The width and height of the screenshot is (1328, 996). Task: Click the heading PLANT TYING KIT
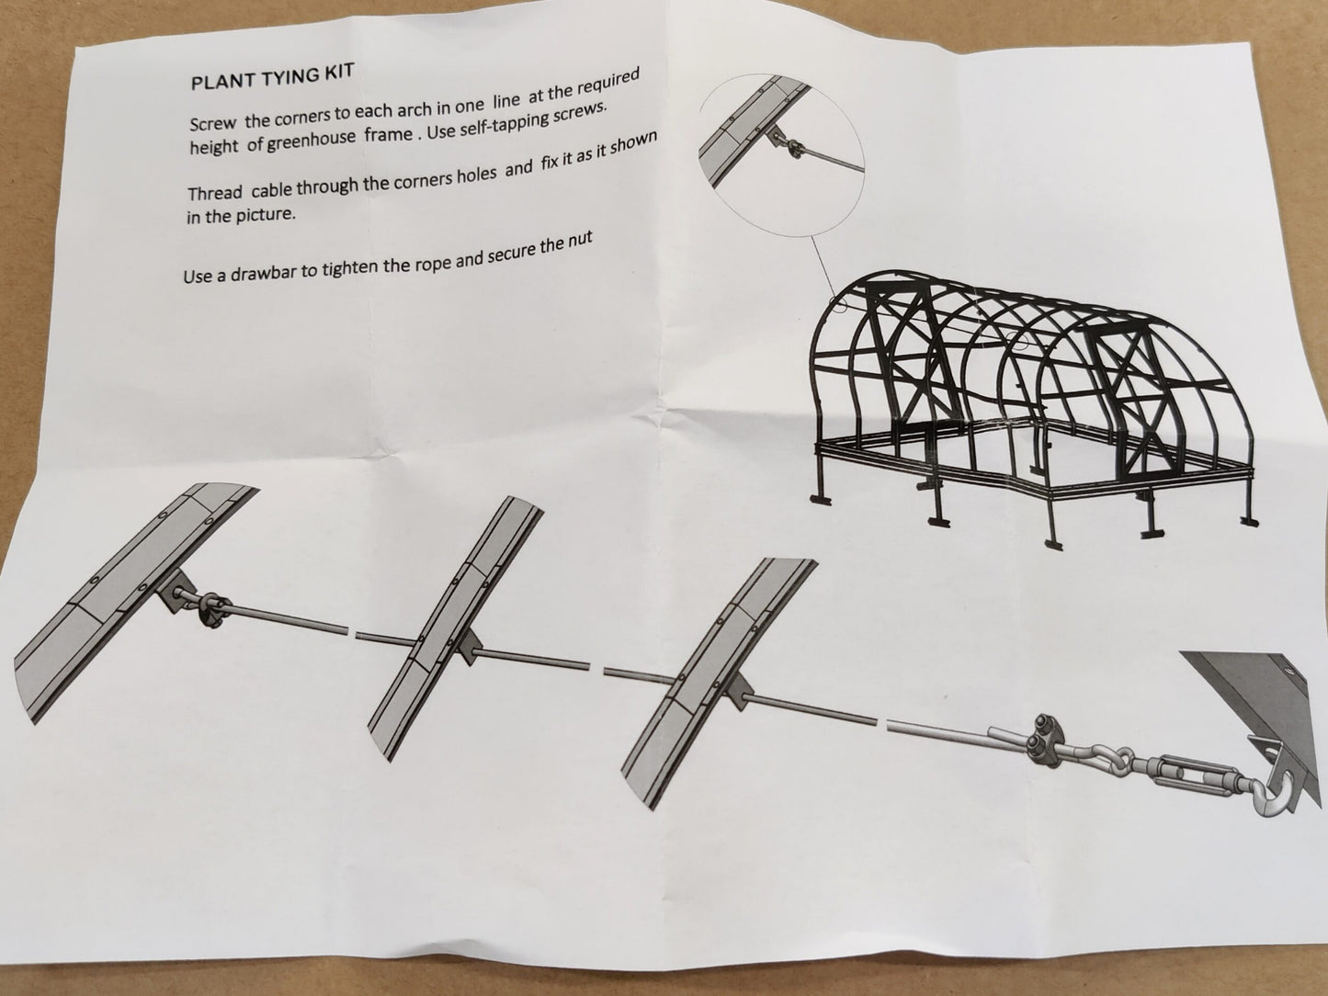point(272,77)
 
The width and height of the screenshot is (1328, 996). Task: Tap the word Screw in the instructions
point(212,123)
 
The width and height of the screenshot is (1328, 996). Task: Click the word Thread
point(215,193)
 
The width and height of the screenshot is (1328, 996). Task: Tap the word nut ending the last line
point(578,242)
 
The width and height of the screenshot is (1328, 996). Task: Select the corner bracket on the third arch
point(740,692)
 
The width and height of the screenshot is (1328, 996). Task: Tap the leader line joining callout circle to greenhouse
point(823,265)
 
